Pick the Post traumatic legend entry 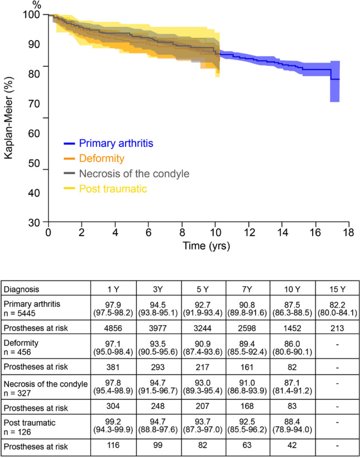coord(113,189)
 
